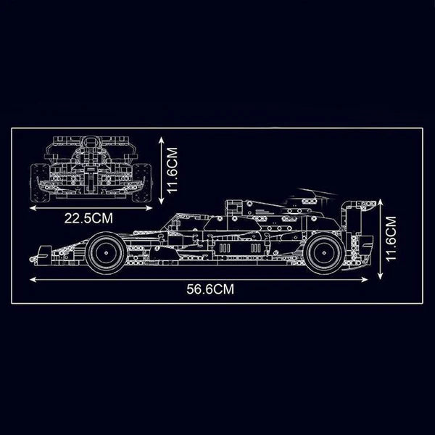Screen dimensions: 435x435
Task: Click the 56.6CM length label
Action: coord(210,288)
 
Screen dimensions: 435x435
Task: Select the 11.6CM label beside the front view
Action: coord(172,168)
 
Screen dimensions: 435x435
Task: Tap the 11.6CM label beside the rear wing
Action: coord(392,239)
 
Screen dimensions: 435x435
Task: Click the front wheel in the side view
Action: coord(107,252)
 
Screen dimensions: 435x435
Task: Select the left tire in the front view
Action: coord(40,180)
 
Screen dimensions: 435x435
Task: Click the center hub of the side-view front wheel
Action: coord(107,252)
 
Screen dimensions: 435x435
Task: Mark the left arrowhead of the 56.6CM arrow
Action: coord(31,276)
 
